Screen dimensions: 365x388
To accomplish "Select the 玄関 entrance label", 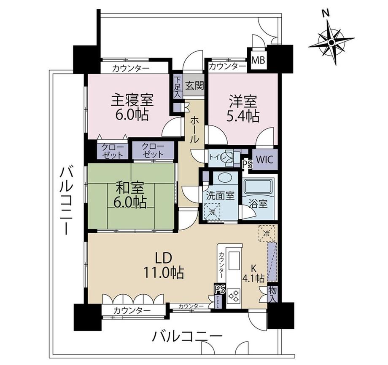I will click(194, 86).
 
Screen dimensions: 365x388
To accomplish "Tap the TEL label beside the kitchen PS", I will click(218, 302).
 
